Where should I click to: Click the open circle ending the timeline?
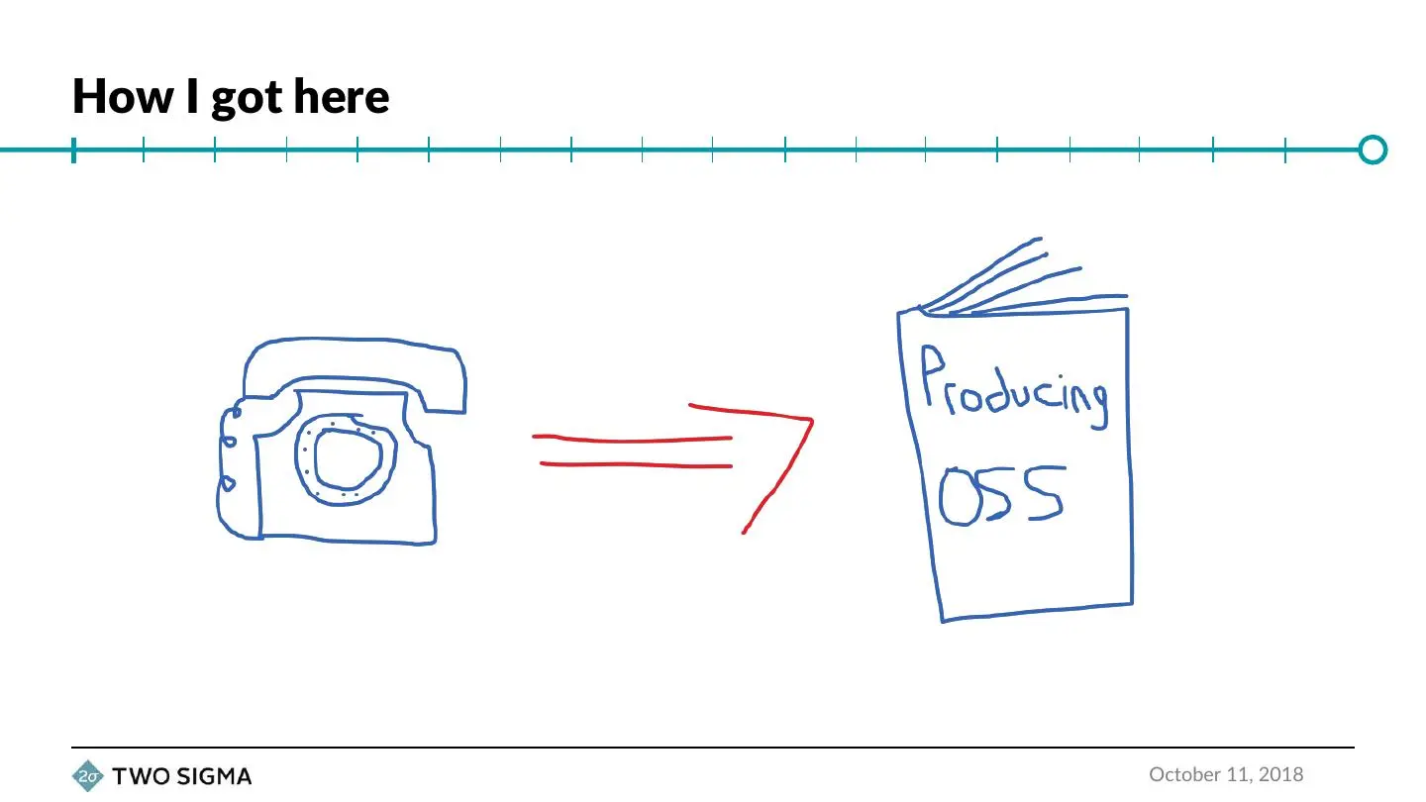coord(1373,150)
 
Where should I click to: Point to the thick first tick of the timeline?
coord(74,150)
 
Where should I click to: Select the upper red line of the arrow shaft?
coord(632,438)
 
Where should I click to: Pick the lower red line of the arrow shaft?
coord(636,464)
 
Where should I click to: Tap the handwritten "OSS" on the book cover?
coord(1001,494)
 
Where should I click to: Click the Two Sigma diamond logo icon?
coord(88,776)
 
